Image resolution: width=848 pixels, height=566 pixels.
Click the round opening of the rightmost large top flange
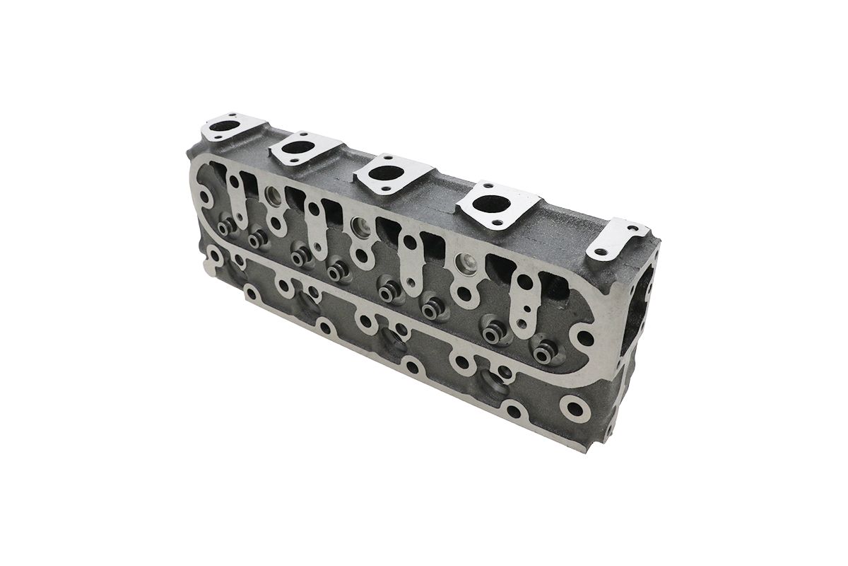[x=490, y=202]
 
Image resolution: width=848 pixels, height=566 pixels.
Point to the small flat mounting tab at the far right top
[x=618, y=234]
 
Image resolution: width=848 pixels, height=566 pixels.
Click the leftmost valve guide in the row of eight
[x=227, y=228]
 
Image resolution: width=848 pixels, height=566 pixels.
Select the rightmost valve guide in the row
[x=543, y=349]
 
